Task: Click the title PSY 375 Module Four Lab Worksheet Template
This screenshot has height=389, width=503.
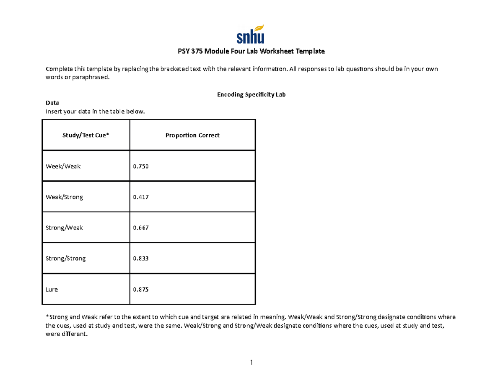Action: (x=251, y=52)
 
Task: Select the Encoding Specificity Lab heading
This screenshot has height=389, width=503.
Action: (x=251, y=95)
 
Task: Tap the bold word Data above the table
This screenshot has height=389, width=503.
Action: (x=52, y=103)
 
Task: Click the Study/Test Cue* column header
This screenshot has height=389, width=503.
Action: (x=86, y=136)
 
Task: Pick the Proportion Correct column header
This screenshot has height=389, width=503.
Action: (x=192, y=136)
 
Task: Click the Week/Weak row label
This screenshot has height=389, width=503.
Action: (x=63, y=166)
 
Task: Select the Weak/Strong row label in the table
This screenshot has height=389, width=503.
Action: (x=64, y=197)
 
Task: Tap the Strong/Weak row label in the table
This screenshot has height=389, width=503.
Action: (x=64, y=227)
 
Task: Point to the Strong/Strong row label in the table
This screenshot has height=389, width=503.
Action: (x=65, y=258)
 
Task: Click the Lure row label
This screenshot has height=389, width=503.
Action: (x=52, y=289)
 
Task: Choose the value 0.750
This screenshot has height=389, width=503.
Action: (x=140, y=166)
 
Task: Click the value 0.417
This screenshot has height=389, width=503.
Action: (x=140, y=197)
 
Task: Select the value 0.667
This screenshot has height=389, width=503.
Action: (x=140, y=227)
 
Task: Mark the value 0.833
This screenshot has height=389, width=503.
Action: (x=140, y=258)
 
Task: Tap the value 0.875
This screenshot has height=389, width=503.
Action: (x=140, y=289)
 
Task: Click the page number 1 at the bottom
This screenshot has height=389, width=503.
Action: (x=251, y=363)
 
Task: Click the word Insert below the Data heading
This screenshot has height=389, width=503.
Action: (x=53, y=111)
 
